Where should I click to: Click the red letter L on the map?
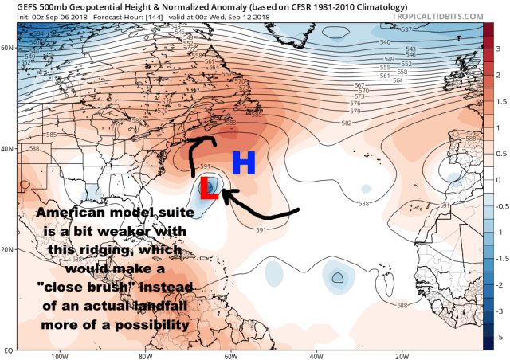210,189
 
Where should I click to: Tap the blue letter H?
244,163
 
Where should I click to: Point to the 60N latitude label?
8,47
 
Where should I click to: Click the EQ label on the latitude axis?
7,349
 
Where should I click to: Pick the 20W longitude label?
401,355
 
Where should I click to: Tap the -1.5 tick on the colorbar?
499,259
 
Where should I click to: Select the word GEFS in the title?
15,6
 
